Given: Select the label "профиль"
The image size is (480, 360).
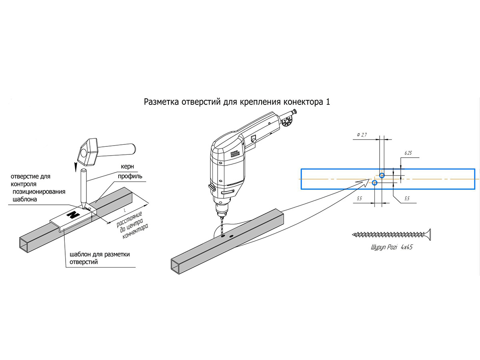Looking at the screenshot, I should pos(130,176).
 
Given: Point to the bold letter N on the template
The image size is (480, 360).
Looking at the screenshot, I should pos(73,215).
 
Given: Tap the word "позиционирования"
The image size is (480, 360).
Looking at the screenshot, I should pos(38,192).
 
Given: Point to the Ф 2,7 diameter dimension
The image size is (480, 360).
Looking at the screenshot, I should pos(361,136).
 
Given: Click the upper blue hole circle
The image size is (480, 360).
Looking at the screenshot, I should pos(382,175).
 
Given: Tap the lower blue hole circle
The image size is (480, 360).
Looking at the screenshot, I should pos(374,183).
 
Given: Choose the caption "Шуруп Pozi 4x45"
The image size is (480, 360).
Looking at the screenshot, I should pos(392,248).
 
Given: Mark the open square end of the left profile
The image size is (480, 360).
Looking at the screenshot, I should pos(26,244).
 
